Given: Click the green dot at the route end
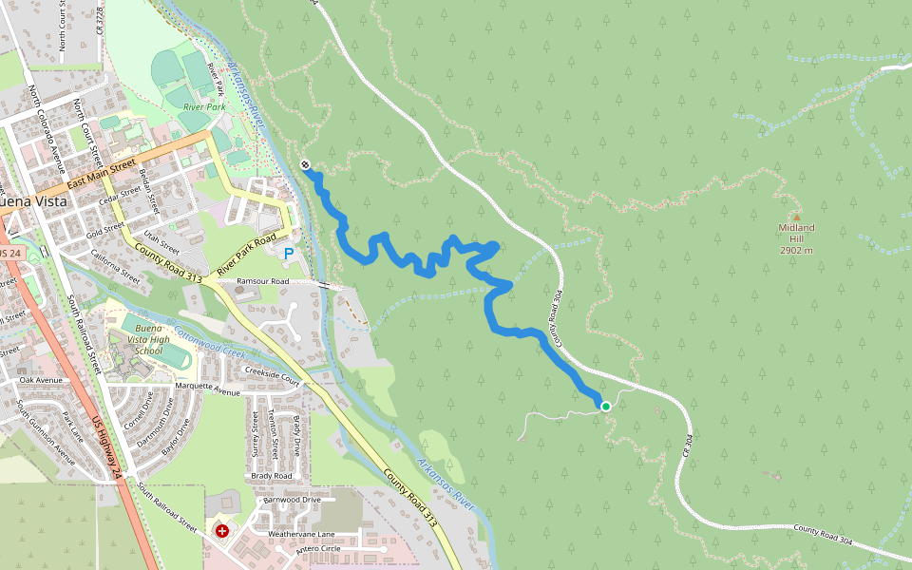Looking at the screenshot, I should point(605,407).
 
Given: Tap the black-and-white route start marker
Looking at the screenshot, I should point(305,165).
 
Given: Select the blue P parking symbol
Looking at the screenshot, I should point(289,254).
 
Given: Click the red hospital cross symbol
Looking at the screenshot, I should point(222,530).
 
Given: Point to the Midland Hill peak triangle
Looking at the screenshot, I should point(797,217).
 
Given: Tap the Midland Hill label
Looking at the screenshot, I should point(797,228).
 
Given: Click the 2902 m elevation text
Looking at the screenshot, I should point(797,251).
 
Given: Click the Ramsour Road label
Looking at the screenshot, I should point(262,282).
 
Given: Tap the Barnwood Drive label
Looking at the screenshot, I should point(292,499).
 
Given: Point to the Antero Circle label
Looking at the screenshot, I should point(318,549).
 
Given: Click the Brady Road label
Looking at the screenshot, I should point(272,476).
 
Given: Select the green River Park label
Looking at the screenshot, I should point(201,107).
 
